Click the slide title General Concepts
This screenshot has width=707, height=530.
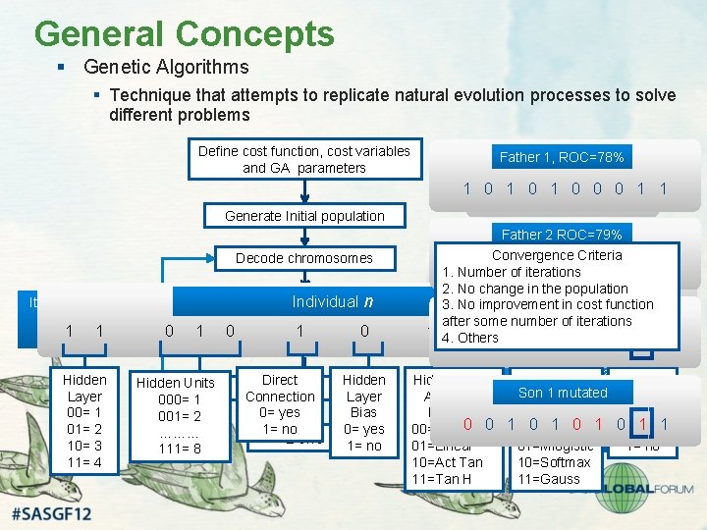pyautogui.click(x=184, y=33)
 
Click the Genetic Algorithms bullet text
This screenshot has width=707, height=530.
pyautogui.click(x=166, y=68)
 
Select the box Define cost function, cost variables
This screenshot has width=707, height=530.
pyautogui.click(x=303, y=159)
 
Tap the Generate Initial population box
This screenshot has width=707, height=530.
pyautogui.click(x=304, y=216)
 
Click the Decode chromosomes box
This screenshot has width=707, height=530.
pyautogui.click(x=304, y=258)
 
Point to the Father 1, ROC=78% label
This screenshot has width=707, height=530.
pyautogui.click(x=561, y=157)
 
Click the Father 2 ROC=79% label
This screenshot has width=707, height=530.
pyautogui.click(x=561, y=235)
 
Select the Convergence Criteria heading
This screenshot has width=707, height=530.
pyautogui.click(x=556, y=255)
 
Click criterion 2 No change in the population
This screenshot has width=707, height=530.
pyautogui.click(x=535, y=289)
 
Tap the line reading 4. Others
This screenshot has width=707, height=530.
pyautogui.click(x=470, y=338)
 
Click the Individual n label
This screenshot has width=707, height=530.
pyautogui.click(x=332, y=302)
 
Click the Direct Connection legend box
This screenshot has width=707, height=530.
pyautogui.click(x=280, y=404)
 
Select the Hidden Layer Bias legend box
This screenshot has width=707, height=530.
pyautogui.click(x=363, y=412)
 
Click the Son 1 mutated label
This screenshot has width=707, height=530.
pyautogui.click(x=563, y=393)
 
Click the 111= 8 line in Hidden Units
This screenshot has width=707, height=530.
pyautogui.click(x=175, y=449)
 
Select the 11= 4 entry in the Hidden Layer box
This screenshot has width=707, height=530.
pyautogui.click(x=84, y=462)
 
